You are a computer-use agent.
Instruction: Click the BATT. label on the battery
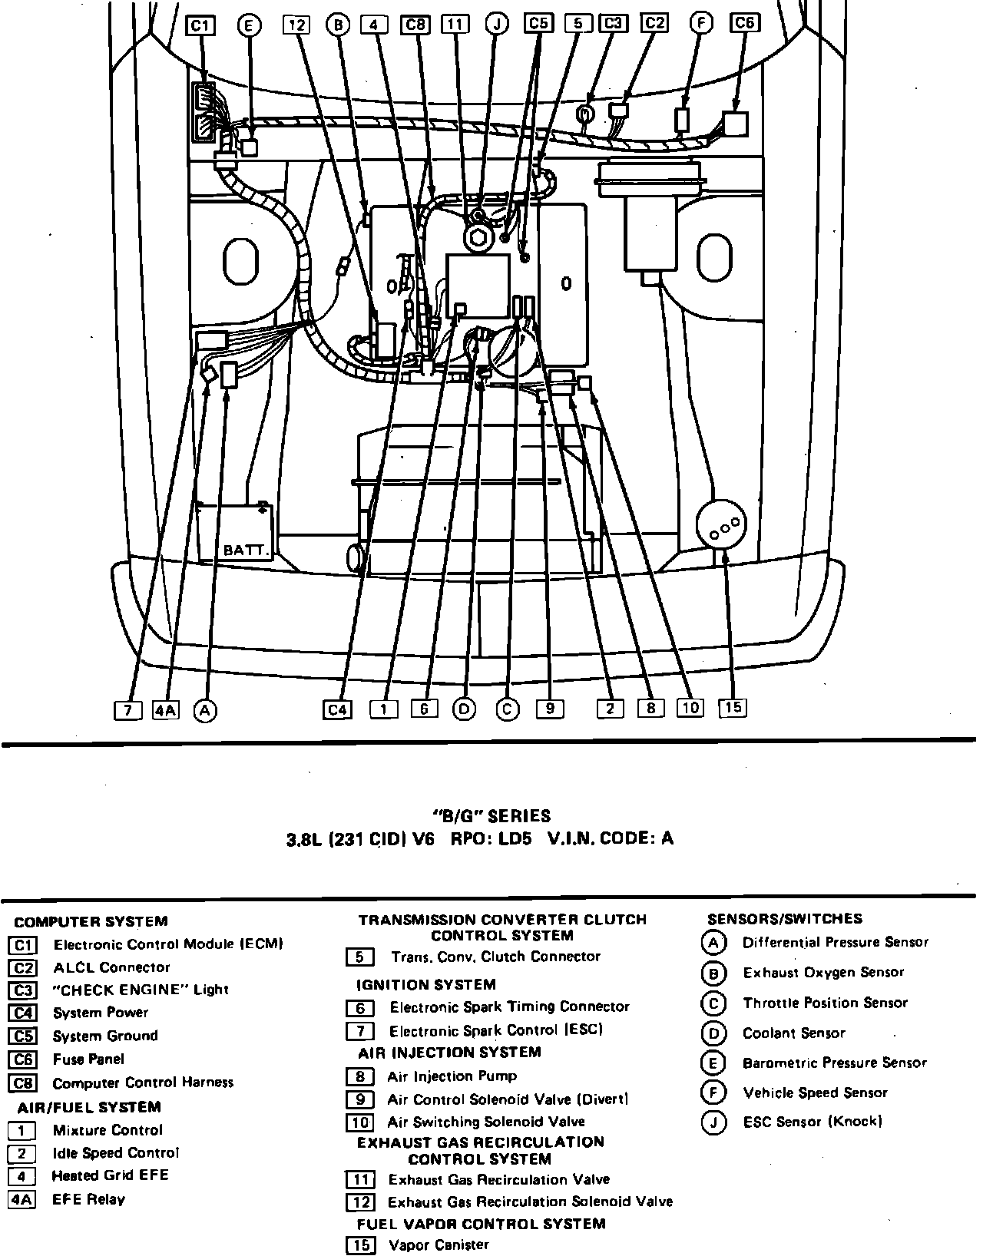click(246, 550)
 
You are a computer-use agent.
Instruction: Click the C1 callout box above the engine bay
click(200, 26)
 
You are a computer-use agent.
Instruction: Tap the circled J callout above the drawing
click(498, 24)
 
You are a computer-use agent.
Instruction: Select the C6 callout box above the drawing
click(744, 23)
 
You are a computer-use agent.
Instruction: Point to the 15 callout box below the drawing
click(733, 707)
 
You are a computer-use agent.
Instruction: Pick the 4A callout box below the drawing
click(166, 710)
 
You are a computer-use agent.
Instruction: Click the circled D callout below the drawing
click(465, 709)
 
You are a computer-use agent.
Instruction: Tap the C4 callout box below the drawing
click(337, 709)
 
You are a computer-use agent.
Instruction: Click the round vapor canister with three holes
click(721, 527)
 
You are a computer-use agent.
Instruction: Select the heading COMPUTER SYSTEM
click(91, 921)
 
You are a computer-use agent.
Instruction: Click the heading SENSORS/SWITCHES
click(784, 919)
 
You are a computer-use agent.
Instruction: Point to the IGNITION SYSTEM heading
click(425, 984)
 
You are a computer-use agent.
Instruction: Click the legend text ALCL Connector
click(111, 967)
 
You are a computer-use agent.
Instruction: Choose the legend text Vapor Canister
click(439, 1244)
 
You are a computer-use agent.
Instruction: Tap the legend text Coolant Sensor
click(793, 1033)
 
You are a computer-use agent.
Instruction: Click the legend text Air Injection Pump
click(452, 1076)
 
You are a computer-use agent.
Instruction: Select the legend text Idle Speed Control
click(115, 1153)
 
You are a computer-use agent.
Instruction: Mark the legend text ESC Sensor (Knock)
click(813, 1122)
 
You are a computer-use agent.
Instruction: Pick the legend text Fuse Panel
click(88, 1059)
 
